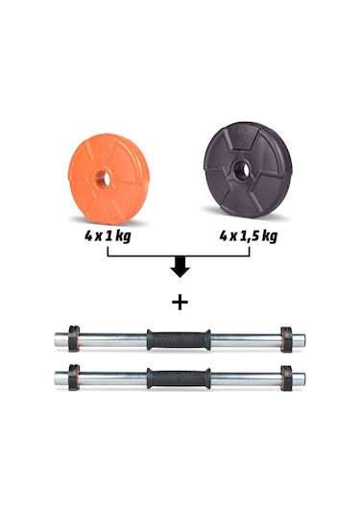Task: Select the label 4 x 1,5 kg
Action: (x=249, y=233)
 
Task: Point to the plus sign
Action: (x=180, y=302)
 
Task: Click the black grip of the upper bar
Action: (x=178, y=338)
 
